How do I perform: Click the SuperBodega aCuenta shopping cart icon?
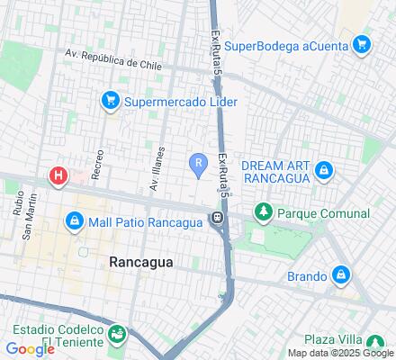tap(361, 44)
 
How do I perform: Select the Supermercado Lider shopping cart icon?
tap(111, 100)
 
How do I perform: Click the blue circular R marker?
tap(197, 162)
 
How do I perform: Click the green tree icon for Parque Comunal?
tap(263, 213)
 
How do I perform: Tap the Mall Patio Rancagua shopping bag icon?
tap(74, 220)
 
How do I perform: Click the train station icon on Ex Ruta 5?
tap(218, 219)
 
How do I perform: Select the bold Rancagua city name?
tap(140, 262)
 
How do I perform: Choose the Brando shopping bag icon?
tap(341, 275)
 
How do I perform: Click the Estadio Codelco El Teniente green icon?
tap(116, 335)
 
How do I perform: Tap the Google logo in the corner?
tap(30, 349)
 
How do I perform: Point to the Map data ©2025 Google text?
tap(339, 353)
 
